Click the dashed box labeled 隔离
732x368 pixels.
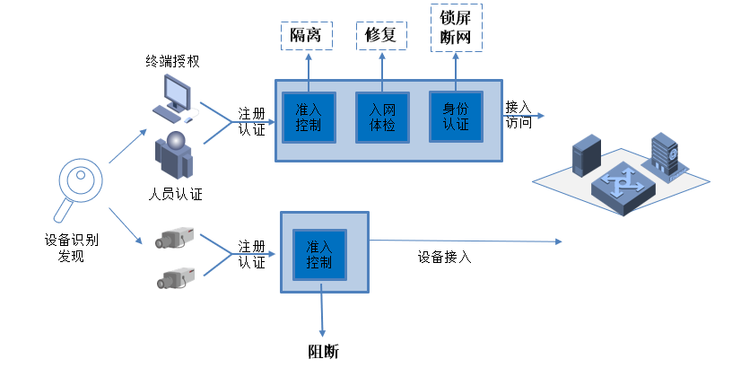(x=307, y=36)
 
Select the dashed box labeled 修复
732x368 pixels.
(x=381, y=36)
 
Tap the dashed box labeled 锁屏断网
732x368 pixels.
(x=456, y=29)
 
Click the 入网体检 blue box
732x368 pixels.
(x=382, y=118)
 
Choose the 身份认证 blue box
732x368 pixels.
(x=456, y=116)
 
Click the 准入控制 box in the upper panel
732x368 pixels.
(x=308, y=117)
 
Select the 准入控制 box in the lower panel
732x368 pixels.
(x=319, y=253)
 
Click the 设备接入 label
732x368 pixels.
(x=444, y=257)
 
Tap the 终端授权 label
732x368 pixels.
(x=172, y=62)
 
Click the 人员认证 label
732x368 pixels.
(x=175, y=194)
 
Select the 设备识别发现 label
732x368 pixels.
(x=71, y=248)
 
